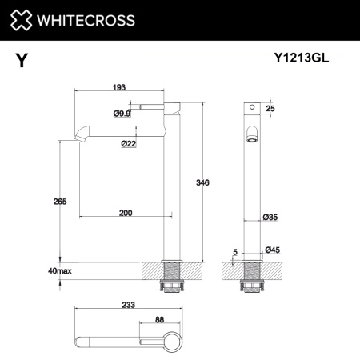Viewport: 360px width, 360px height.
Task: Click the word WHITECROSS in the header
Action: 85,18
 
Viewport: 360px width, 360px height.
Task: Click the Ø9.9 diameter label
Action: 122,114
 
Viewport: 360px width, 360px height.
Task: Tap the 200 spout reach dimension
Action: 126,212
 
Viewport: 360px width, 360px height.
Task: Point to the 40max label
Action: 59,272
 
